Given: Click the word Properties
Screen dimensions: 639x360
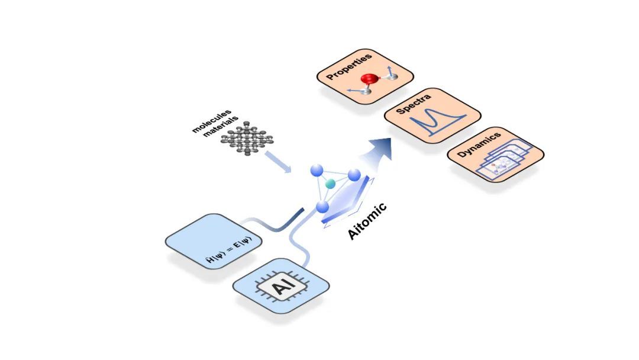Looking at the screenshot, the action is (349, 66).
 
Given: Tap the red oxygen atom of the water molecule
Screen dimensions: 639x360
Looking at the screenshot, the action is (369, 79).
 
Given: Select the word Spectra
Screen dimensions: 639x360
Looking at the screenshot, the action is (413, 104).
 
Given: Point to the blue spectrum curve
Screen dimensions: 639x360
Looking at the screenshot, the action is (438, 121).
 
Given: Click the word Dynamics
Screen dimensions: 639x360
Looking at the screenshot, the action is (479, 144).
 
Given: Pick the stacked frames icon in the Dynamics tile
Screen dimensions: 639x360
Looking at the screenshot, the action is (504, 160).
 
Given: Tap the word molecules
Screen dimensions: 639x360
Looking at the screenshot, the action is (211, 121).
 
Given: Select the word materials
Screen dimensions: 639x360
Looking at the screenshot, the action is (221, 127).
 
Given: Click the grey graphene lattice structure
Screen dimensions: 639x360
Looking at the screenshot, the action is (247, 138).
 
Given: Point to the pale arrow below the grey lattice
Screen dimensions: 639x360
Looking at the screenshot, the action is (278, 162).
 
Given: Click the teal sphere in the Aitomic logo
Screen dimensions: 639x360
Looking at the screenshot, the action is (330, 184).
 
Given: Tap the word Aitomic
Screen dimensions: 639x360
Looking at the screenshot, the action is (367, 221).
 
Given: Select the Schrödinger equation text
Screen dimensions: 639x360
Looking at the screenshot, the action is (228, 249).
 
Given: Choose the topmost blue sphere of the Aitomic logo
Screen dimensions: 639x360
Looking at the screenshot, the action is (317, 171).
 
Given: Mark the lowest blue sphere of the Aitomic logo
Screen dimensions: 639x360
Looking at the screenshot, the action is (322, 206).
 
